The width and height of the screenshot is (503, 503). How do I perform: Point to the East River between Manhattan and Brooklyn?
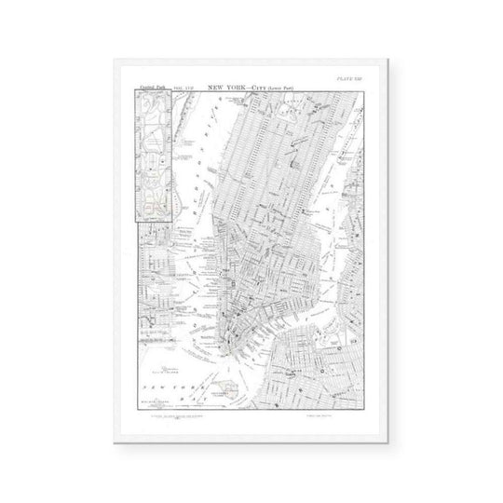[279, 317]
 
